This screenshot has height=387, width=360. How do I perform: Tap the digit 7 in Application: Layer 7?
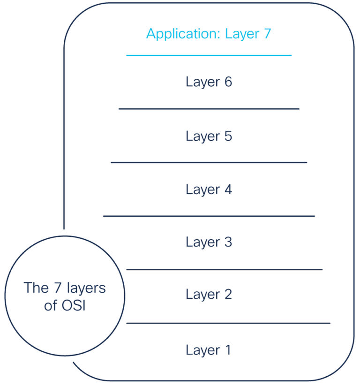[x=267, y=34]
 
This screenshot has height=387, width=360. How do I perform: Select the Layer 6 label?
[x=209, y=82]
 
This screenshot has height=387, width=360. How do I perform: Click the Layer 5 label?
[x=209, y=136]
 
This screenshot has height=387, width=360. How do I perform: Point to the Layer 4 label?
[x=209, y=190]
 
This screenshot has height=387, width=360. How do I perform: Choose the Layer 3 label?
[x=209, y=242]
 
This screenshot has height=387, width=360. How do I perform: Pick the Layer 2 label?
[x=209, y=295]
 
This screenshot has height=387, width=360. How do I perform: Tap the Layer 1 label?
[x=208, y=350]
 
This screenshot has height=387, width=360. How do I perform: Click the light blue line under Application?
[x=209, y=55]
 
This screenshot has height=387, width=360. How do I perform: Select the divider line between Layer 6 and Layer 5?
[x=209, y=109]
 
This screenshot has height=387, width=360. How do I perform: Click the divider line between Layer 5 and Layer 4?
[x=209, y=163]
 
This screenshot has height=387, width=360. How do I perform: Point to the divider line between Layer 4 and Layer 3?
[x=209, y=216]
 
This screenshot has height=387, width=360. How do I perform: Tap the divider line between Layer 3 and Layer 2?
[x=224, y=270]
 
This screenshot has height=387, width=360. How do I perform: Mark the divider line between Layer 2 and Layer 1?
[x=228, y=323]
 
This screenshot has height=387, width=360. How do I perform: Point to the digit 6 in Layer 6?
[x=228, y=82]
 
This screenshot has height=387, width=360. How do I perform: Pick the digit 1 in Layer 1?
[x=227, y=350]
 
